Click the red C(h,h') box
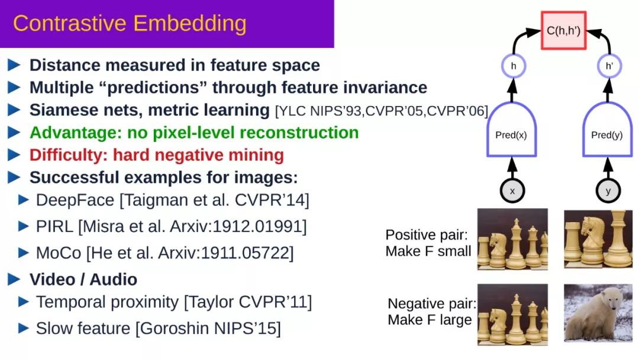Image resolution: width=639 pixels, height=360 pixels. point(564,31)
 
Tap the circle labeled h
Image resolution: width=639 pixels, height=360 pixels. point(514,66)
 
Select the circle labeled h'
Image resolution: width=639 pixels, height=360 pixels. point(609,66)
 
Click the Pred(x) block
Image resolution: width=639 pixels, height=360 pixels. point(511,129)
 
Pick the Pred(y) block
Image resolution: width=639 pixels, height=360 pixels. point(607,129)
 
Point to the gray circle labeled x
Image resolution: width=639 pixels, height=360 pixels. point(512,191)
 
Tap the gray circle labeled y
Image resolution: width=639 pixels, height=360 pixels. point(608,191)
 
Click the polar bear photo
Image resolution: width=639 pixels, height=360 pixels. point(598,313)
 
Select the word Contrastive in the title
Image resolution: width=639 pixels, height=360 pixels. point(70,23)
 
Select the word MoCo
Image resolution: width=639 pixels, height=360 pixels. point(59,253)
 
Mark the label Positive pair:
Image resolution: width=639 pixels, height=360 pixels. point(427,235)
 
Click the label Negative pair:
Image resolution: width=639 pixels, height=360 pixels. point(432,304)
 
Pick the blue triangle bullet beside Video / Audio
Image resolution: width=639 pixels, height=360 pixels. point(14,279)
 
